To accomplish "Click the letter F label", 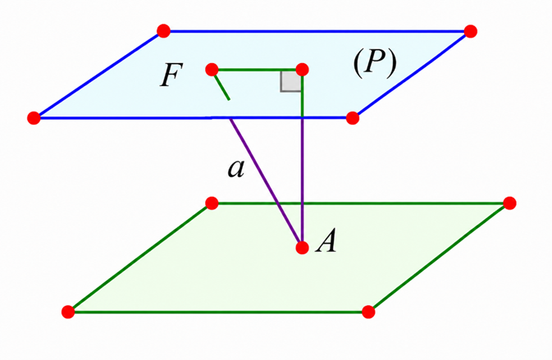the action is [171, 75].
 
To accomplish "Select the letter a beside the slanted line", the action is [236, 169].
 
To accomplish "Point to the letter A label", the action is [326, 241].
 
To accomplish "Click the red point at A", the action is [302, 248].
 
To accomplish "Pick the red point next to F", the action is [212, 70].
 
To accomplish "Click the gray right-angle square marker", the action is [291, 82].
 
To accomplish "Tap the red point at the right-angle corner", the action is [302, 70].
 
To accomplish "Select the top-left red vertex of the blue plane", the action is [164, 31].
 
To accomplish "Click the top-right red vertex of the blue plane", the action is [471, 31].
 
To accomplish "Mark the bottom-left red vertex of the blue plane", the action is [34, 118].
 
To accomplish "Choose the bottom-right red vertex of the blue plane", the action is [353, 118].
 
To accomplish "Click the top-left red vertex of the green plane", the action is [212, 203].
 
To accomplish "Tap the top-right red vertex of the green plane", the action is [509, 203].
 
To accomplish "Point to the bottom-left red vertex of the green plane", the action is [68, 312].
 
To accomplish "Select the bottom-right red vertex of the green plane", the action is [368, 312].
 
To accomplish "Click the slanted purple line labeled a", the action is [266, 183].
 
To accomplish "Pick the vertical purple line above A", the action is [302, 182].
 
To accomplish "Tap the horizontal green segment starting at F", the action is [257, 70].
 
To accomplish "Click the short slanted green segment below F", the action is [221, 85].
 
